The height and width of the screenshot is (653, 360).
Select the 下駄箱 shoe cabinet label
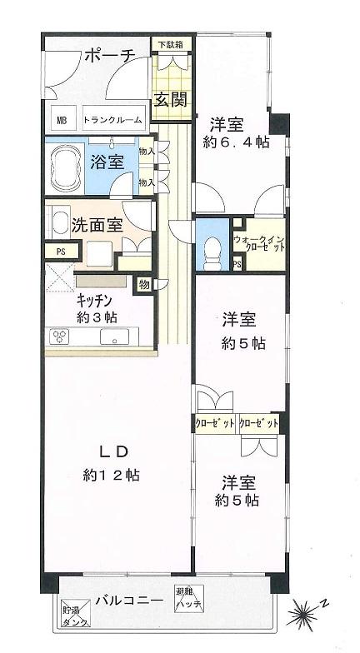pos(172,43)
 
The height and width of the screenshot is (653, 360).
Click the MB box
pos(62,119)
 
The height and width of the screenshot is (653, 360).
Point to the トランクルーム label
pos(112,119)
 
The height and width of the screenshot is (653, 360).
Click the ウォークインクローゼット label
pos(260,243)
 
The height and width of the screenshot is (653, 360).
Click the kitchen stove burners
pos(62,336)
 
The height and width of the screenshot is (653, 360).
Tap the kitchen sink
pos(114,336)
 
